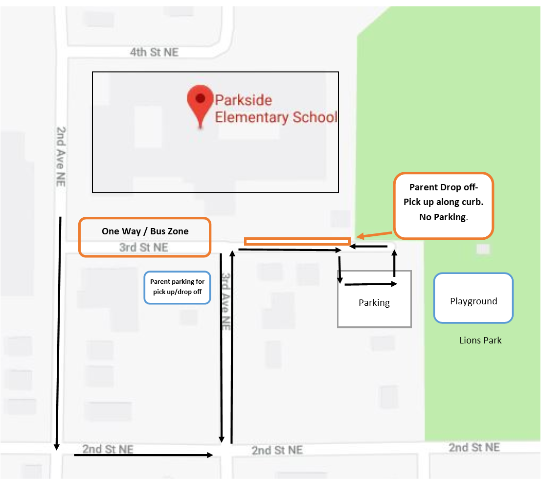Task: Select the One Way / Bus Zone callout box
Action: tap(145, 237)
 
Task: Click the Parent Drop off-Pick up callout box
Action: tap(444, 205)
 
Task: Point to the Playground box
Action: tap(473, 298)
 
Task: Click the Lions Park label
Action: tap(480, 340)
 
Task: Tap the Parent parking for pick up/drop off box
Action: tap(177, 288)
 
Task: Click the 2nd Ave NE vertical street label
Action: tap(61, 157)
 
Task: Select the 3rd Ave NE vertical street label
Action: tap(225, 301)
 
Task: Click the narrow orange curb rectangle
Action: tap(297, 241)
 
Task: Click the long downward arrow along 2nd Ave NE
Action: tap(59, 333)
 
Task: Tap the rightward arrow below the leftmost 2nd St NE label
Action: tap(143, 455)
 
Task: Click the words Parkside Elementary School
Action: tap(276, 109)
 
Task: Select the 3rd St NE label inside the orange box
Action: tap(143, 247)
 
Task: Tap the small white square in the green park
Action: tap(483, 249)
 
